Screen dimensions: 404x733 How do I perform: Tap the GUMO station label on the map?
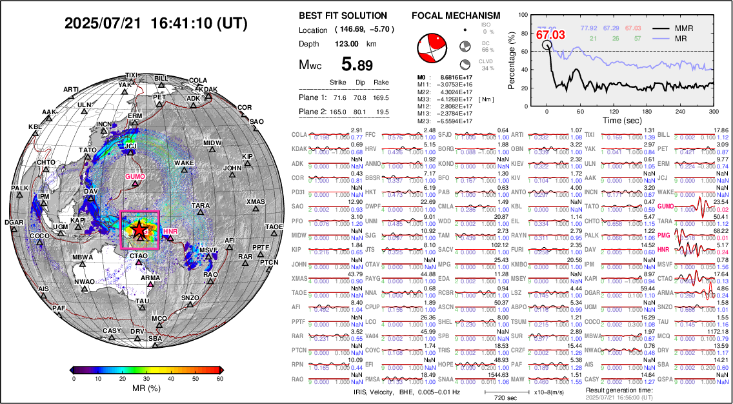point(135,176)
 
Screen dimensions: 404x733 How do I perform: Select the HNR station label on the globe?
point(170,231)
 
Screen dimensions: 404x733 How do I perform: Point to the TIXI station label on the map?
point(131,76)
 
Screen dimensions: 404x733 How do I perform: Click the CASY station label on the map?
point(112,331)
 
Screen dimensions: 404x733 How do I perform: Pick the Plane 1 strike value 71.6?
point(337,97)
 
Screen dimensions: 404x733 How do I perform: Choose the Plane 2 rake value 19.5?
point(383,112)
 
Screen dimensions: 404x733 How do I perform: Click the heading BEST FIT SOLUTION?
point(343,15)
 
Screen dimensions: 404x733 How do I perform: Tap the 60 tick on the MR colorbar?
point(219,379)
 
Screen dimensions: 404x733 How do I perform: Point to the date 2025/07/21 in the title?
point(103,24)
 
